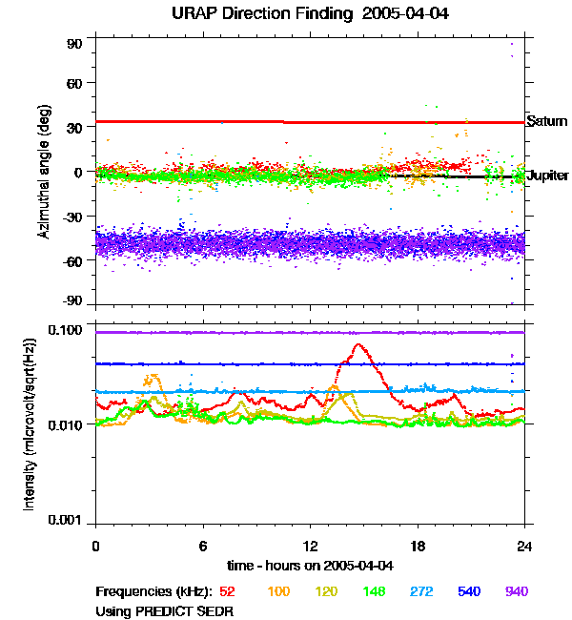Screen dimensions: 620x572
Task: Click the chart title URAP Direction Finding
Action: (x=286, y=14)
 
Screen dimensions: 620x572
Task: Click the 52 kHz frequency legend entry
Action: (x=227, y=591)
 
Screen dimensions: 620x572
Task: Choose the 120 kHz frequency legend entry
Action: (x=327, y=591)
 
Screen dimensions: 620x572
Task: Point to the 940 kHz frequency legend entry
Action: (x=516, y=591)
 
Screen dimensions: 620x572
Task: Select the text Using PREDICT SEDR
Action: (x=164, y=610)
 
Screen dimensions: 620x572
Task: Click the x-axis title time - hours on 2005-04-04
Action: (x=310, y=565)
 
